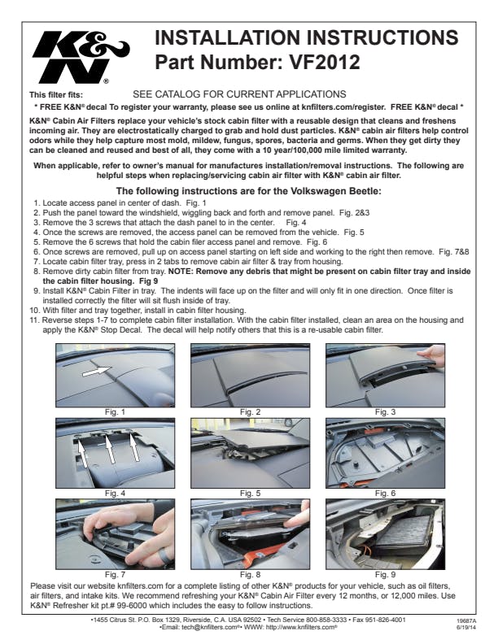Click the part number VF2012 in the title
(x=325, y=63)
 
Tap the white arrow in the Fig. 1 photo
(x=96, y=372)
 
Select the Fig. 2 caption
(x=251, y=412)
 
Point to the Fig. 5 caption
(x=251, y=494)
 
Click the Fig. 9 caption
(x=385, y=575)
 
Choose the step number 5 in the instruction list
(x=37, y=242)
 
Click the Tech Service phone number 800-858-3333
(x=321, y=620)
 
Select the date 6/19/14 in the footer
(x=463, y=628)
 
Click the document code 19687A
(x=463, y=621)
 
